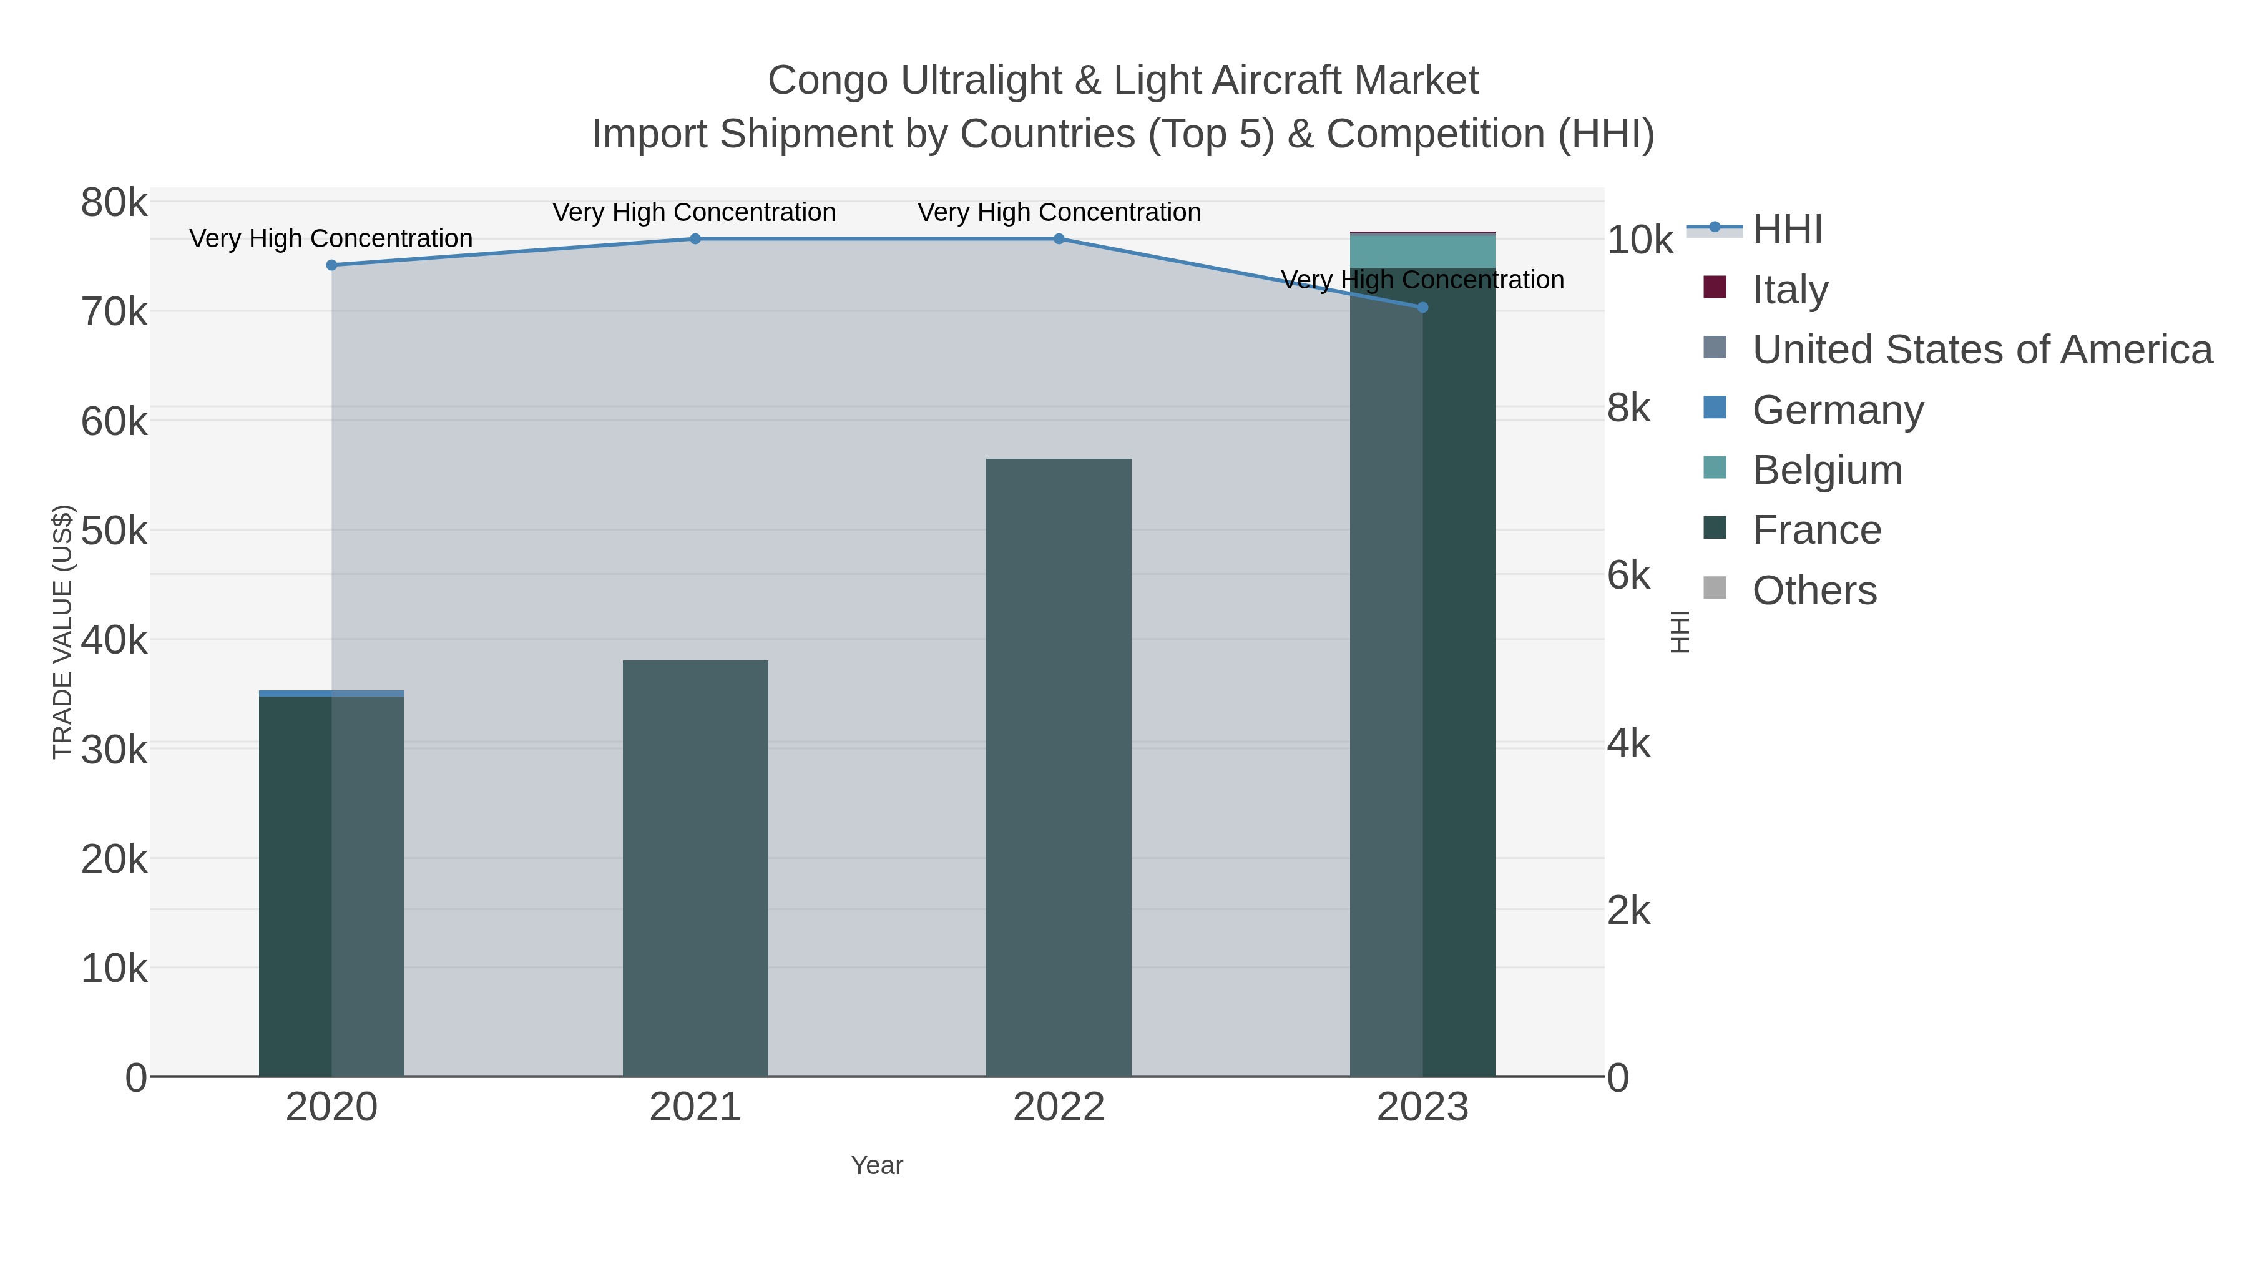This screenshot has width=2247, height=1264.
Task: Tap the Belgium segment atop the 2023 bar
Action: [1422, 251]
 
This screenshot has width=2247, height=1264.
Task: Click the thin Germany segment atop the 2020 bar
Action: [331, 693]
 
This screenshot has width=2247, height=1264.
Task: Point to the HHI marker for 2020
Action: [331, 265]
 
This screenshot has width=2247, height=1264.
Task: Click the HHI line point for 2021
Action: [695, 239]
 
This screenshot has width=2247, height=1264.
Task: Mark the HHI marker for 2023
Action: [1422, 307]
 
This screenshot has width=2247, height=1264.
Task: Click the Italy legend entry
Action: [1790, 290]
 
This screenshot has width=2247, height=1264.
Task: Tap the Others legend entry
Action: [1814, 590]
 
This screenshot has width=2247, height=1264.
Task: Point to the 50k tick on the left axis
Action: [114, 531]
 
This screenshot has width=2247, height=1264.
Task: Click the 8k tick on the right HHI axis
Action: [1628, 408]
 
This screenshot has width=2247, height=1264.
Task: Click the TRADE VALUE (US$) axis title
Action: [63, 632]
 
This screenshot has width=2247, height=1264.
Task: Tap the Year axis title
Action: [877, 1165]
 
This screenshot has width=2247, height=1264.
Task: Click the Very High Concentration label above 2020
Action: [331, 238]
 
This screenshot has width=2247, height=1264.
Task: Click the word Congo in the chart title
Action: [827, 81]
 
